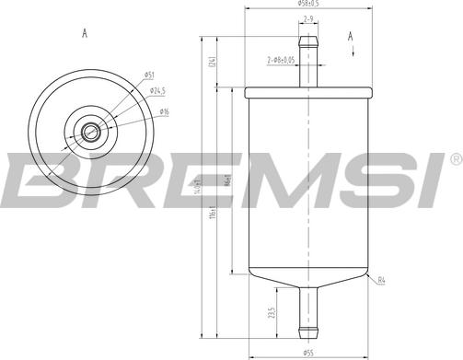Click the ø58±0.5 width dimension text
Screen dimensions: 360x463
click(x=308, y=5)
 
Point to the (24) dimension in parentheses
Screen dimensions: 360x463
click(x=212, y=63)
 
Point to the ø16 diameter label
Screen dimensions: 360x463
click(x=163, y=112)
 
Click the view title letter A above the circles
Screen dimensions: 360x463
click(x=84, y=34)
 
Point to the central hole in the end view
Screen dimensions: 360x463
click(x=90, y=133)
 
